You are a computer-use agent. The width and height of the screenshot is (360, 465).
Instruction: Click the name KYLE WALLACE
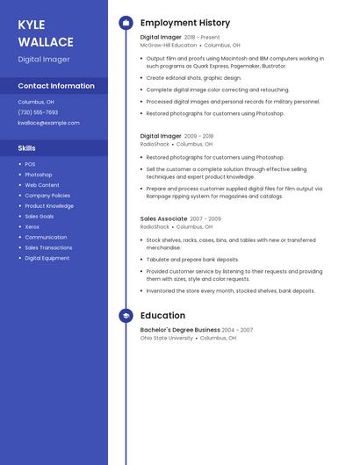(x=36, y=32)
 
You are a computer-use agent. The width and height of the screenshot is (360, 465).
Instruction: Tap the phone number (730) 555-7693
(x=38, y=112)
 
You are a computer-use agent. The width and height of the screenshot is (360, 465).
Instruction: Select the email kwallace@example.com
(x=48, y=123)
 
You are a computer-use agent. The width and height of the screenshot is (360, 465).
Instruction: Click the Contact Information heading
(x=56, y=86)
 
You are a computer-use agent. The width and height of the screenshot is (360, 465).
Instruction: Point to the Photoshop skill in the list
(x=38, y=175)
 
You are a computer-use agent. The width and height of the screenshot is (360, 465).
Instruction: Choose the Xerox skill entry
(x=32, y=226)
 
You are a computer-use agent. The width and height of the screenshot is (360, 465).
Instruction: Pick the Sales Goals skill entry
(x=39, y=216)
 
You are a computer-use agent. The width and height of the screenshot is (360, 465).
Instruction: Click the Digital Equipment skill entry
(x=47, y=258)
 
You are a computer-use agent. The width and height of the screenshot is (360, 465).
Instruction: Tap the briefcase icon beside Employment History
(x=126, y=23)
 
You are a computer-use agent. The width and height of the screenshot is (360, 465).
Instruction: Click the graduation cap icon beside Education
(x=126, y=316)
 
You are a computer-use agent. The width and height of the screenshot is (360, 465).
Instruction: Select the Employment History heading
(x=185, y=23)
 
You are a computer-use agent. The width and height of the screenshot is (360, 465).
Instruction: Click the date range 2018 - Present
(x=202, y=38)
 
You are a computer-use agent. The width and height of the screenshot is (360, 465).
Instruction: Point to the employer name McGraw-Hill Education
(x=169, y=45)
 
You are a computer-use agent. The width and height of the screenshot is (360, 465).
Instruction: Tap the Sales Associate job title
(x=163, y=218)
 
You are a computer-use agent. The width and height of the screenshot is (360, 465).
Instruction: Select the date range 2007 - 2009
(x=205, y=218)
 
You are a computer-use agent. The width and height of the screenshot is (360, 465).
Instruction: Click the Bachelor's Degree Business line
(x=180, y=330)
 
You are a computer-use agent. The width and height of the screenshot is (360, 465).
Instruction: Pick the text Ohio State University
(x=166, y=338)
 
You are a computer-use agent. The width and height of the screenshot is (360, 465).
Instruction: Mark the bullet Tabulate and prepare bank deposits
(x=192, y=260)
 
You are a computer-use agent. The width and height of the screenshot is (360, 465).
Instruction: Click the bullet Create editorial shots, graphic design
(x=193, y=78)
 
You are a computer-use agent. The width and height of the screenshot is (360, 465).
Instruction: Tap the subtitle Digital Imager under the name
(x=44, y=60)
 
